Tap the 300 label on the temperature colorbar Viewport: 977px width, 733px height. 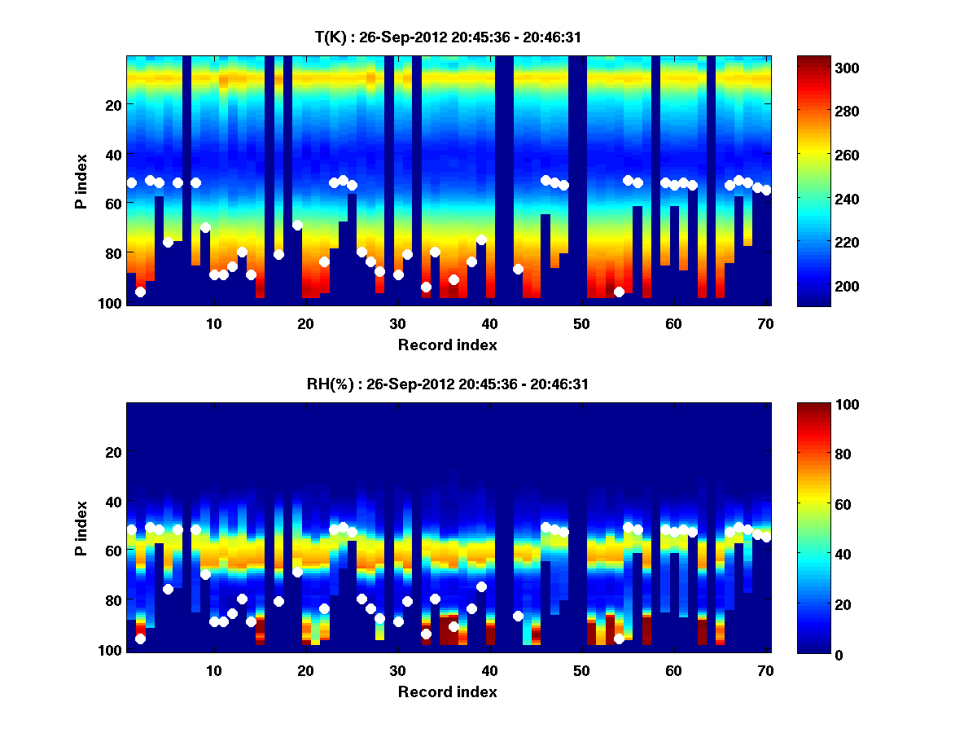[x=824, y=68]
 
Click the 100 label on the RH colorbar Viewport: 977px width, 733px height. [x=824, y=405]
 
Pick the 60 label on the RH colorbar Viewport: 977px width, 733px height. [x=821, y=505]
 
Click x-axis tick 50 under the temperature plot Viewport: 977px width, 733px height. [x=581, y=323]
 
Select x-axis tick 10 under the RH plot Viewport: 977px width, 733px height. [x=213, y=670]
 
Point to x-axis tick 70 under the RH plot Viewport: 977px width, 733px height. [x=765, y=670]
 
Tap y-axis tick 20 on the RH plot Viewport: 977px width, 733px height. [x=113, y=452]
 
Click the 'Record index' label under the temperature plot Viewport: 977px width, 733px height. [x=447, y=345]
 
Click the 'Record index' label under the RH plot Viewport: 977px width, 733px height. [x=447, y=692]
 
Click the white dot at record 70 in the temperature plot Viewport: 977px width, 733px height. [x=765, y=190]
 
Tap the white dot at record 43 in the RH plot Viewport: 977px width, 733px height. [x=518, y=617]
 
